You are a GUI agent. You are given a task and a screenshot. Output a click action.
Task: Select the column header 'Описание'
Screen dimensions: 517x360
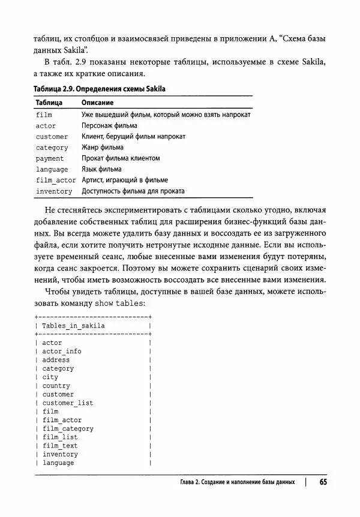pyautogui.click(x=98, y=103)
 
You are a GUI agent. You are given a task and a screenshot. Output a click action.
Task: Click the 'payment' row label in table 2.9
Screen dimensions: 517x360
pyautogui.click(x=50, y=158)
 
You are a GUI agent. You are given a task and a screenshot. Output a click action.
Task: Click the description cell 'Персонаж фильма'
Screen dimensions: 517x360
pyautogui.click(x=109, y=125)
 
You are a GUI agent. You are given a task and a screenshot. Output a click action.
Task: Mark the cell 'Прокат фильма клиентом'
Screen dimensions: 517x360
pyautogui.click(x=120, y=158)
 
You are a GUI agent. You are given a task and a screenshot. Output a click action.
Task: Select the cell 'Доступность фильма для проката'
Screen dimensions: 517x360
pyautogui.click(x=133, y=191)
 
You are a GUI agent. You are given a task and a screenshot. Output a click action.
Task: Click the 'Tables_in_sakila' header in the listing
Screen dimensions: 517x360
pyautogui.click(x=73, y=326)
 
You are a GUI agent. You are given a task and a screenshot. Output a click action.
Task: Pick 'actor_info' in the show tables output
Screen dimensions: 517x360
pyautogui.click(x=62, y=351)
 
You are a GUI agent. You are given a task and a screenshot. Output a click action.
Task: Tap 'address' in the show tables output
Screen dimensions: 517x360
pyautogui.click(x=56, y=360)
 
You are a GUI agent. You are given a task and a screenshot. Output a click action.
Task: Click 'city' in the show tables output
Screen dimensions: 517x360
pyautogui.click(x=50, y=377)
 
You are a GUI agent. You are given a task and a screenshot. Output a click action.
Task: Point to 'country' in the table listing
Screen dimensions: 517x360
pyautogui.click(x=56, y=386)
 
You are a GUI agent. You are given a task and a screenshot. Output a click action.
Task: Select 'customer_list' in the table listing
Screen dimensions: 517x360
pyautogui.click(x=68, y=403)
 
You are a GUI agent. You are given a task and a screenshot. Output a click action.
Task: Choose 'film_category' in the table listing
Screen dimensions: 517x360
pyautogui.click(x=68, y=429)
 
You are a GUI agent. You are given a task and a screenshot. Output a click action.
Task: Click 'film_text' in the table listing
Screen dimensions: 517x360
pyautogui.click(x=60, y=446)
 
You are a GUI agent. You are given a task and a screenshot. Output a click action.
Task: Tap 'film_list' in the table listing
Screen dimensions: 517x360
pyautogui.click(x=60, y=437)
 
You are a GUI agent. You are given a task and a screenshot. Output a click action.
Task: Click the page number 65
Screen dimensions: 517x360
pyautogui.click(x=323, y=482)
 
